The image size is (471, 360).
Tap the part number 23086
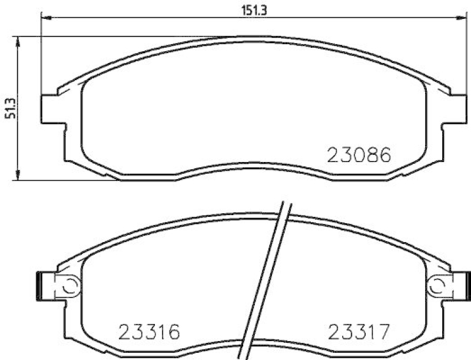coord(359,156)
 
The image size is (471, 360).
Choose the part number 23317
coord(359,333)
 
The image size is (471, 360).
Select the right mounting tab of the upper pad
coord(453,108)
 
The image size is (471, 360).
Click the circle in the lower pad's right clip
coord(439,286)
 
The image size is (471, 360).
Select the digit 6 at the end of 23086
coord(383,156)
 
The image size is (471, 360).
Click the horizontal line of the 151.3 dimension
coord(177,18)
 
